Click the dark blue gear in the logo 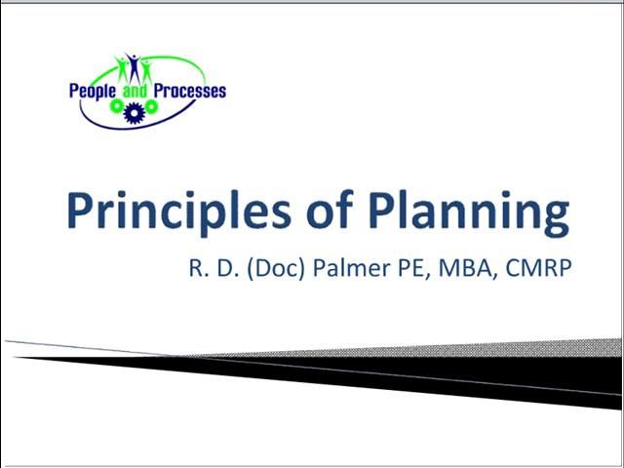tap(134, 106)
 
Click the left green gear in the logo tap(117, 104)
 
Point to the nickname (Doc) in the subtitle tap(278, 267)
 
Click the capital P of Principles tap(81, 211)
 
